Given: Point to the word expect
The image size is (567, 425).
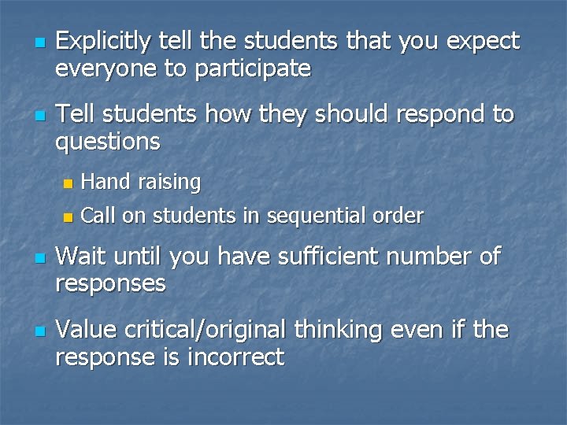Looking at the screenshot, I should pyautogui.click(x=481, y=41).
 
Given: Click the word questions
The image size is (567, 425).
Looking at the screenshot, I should pyautogui.click(x=108, y=142).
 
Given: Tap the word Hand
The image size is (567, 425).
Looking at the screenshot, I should pyautogui.click(x=106, y=183).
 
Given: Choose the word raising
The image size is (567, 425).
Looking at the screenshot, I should pyautogui.click(x=169, y=183).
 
